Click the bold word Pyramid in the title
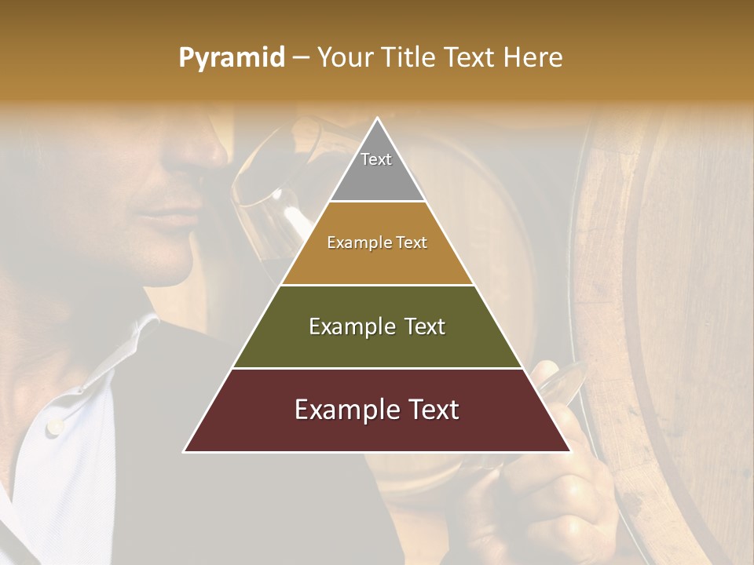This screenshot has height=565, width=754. tap(232, 58)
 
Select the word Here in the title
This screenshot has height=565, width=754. tap(534, 58)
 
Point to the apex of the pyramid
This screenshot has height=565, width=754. tap(377, 119)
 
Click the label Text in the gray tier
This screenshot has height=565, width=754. tap(376, 159)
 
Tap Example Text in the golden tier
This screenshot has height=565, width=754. tap(377, 242)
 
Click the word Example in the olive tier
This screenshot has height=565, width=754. tap(351, 326)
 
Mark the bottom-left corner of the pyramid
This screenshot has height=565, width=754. tap(185, 451)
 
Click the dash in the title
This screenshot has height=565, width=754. tap(300, 58)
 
